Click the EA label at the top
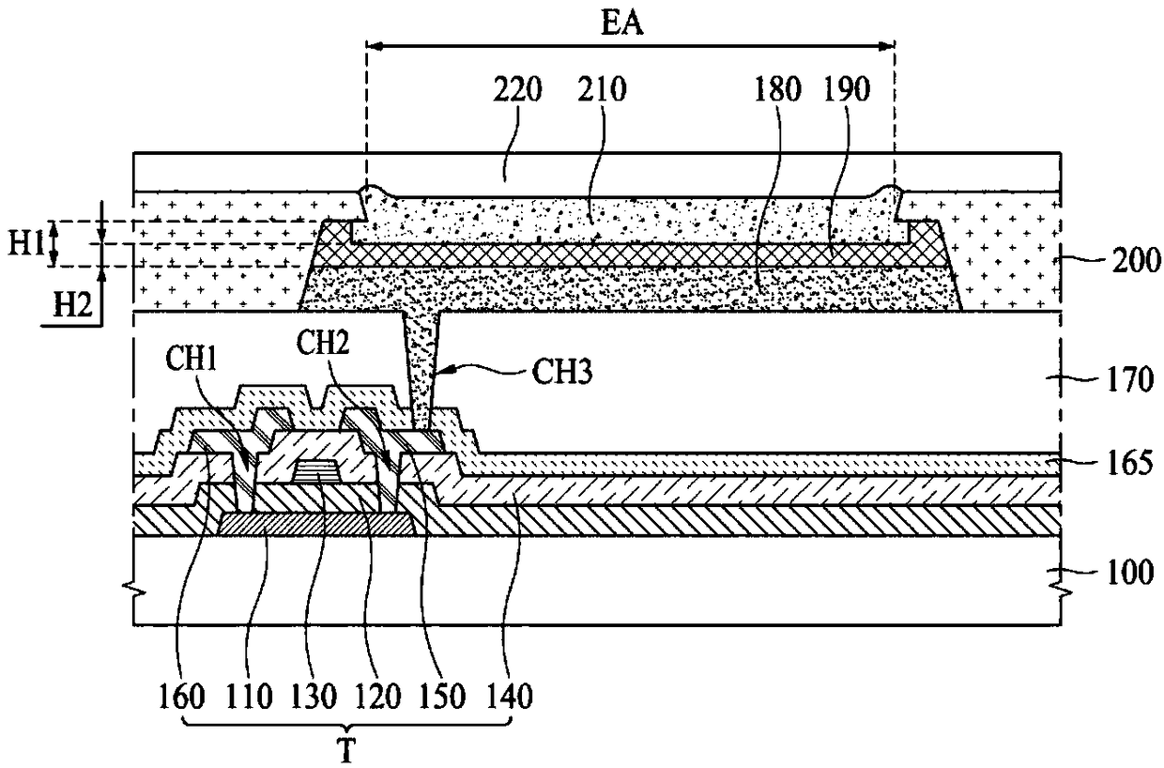point(622,23)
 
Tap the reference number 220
point(517,89)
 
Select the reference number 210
point(603,89)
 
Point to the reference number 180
point(778,89)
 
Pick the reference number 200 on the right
point(1137,261)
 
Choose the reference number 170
point(1131,380)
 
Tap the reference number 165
point(1131,464)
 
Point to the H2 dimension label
point(73,305)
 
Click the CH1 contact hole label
point(191,359)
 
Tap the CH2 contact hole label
point(322,343)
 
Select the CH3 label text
point(561,373)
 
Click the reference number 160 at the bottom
point(181,697)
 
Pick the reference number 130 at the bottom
point(313,697)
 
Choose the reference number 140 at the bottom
point(509,697)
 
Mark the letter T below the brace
point(347,750)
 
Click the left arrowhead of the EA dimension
point(375,47)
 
